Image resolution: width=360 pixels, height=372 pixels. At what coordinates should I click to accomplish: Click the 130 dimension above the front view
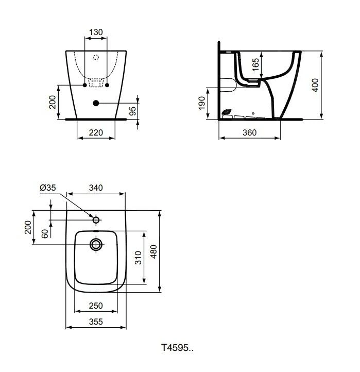tap(96, 32)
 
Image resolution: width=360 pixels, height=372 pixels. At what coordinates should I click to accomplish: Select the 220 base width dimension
tap(96, 132)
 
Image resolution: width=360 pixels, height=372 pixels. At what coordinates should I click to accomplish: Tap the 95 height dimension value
tap(133, 111)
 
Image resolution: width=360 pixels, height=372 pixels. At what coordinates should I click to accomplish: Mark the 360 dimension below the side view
tap(249, 132)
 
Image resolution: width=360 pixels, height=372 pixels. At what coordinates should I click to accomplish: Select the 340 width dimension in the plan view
tap(96, 188)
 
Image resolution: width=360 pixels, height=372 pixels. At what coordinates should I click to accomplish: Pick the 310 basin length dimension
tap(138, 258)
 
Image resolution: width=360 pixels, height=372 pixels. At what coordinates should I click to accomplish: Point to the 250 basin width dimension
tap(96, 306)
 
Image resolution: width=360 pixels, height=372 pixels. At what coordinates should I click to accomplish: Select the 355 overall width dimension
tap(96, 322)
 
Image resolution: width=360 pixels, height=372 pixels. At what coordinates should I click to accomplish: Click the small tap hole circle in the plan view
tap(96, 220)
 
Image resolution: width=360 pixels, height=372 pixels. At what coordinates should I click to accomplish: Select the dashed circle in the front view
tap(96, 58)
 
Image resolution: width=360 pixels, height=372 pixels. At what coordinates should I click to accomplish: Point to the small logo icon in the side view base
tap(227, 112)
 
